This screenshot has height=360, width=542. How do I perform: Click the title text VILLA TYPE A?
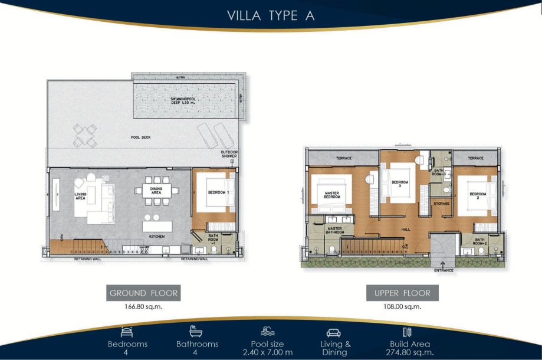click(271, 16)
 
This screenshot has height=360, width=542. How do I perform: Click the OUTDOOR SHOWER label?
click(229, 155)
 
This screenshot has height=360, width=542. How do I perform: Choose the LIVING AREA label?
click(81, 197)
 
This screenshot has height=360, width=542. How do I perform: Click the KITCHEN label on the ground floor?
click(156, 237)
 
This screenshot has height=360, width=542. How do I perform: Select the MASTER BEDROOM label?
click(331, 194)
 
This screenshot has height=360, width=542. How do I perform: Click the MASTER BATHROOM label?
click(335, 230)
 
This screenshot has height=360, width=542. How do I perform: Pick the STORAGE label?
click(442, 204)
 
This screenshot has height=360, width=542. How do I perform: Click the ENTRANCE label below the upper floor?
click(444, 270)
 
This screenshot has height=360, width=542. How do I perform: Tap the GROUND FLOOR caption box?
click(143, 293)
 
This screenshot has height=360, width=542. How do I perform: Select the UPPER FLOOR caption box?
click(402, 293)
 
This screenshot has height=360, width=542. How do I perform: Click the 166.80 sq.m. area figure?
click(143, 306)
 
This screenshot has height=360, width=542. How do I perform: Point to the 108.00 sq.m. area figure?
click(402, 306)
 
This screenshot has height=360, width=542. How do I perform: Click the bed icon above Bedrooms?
click(127, 331)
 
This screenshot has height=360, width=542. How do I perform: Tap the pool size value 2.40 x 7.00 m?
click(268, 352)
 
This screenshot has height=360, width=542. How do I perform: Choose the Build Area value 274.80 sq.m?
click(409, 352)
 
